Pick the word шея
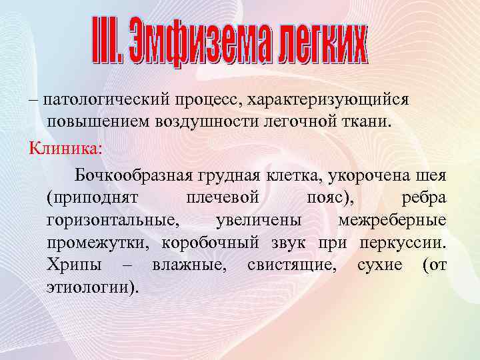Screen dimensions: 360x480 pyautogui.click(x=433, y=175)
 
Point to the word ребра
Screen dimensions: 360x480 pyautogui.click(x=425, y=198)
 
